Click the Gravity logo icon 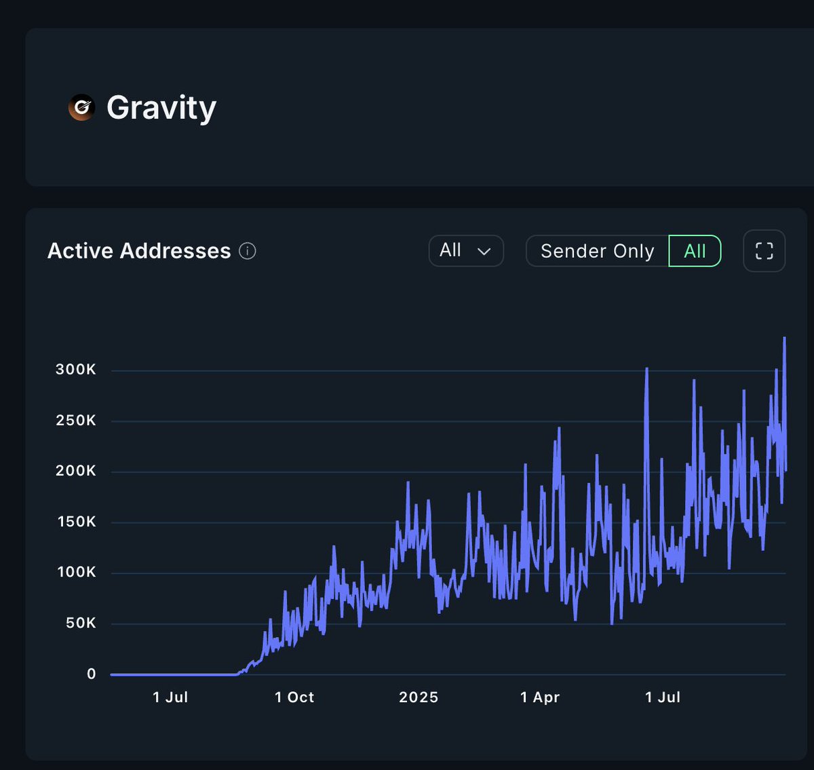pos(81,107)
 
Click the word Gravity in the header pos(161,108)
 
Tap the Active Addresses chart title pos(139,251)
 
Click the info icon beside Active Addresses pos(248,251)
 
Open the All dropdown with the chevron pos(465,250)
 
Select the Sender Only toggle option pos(597,251)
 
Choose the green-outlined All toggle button pos(695,251)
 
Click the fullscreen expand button pos(764,251)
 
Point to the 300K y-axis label pos(76,370)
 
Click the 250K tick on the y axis pos(76,421)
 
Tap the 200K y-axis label pos(76,471)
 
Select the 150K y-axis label pos(76,522)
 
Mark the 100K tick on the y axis pos(76,572)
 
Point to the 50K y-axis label pos(81,623)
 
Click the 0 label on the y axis pos(92,674)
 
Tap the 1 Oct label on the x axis pos(294,697)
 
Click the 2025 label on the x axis pos(419,697)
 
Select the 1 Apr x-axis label pos(540,697)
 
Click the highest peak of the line pos(784,338)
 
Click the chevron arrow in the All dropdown pos(484,252)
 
